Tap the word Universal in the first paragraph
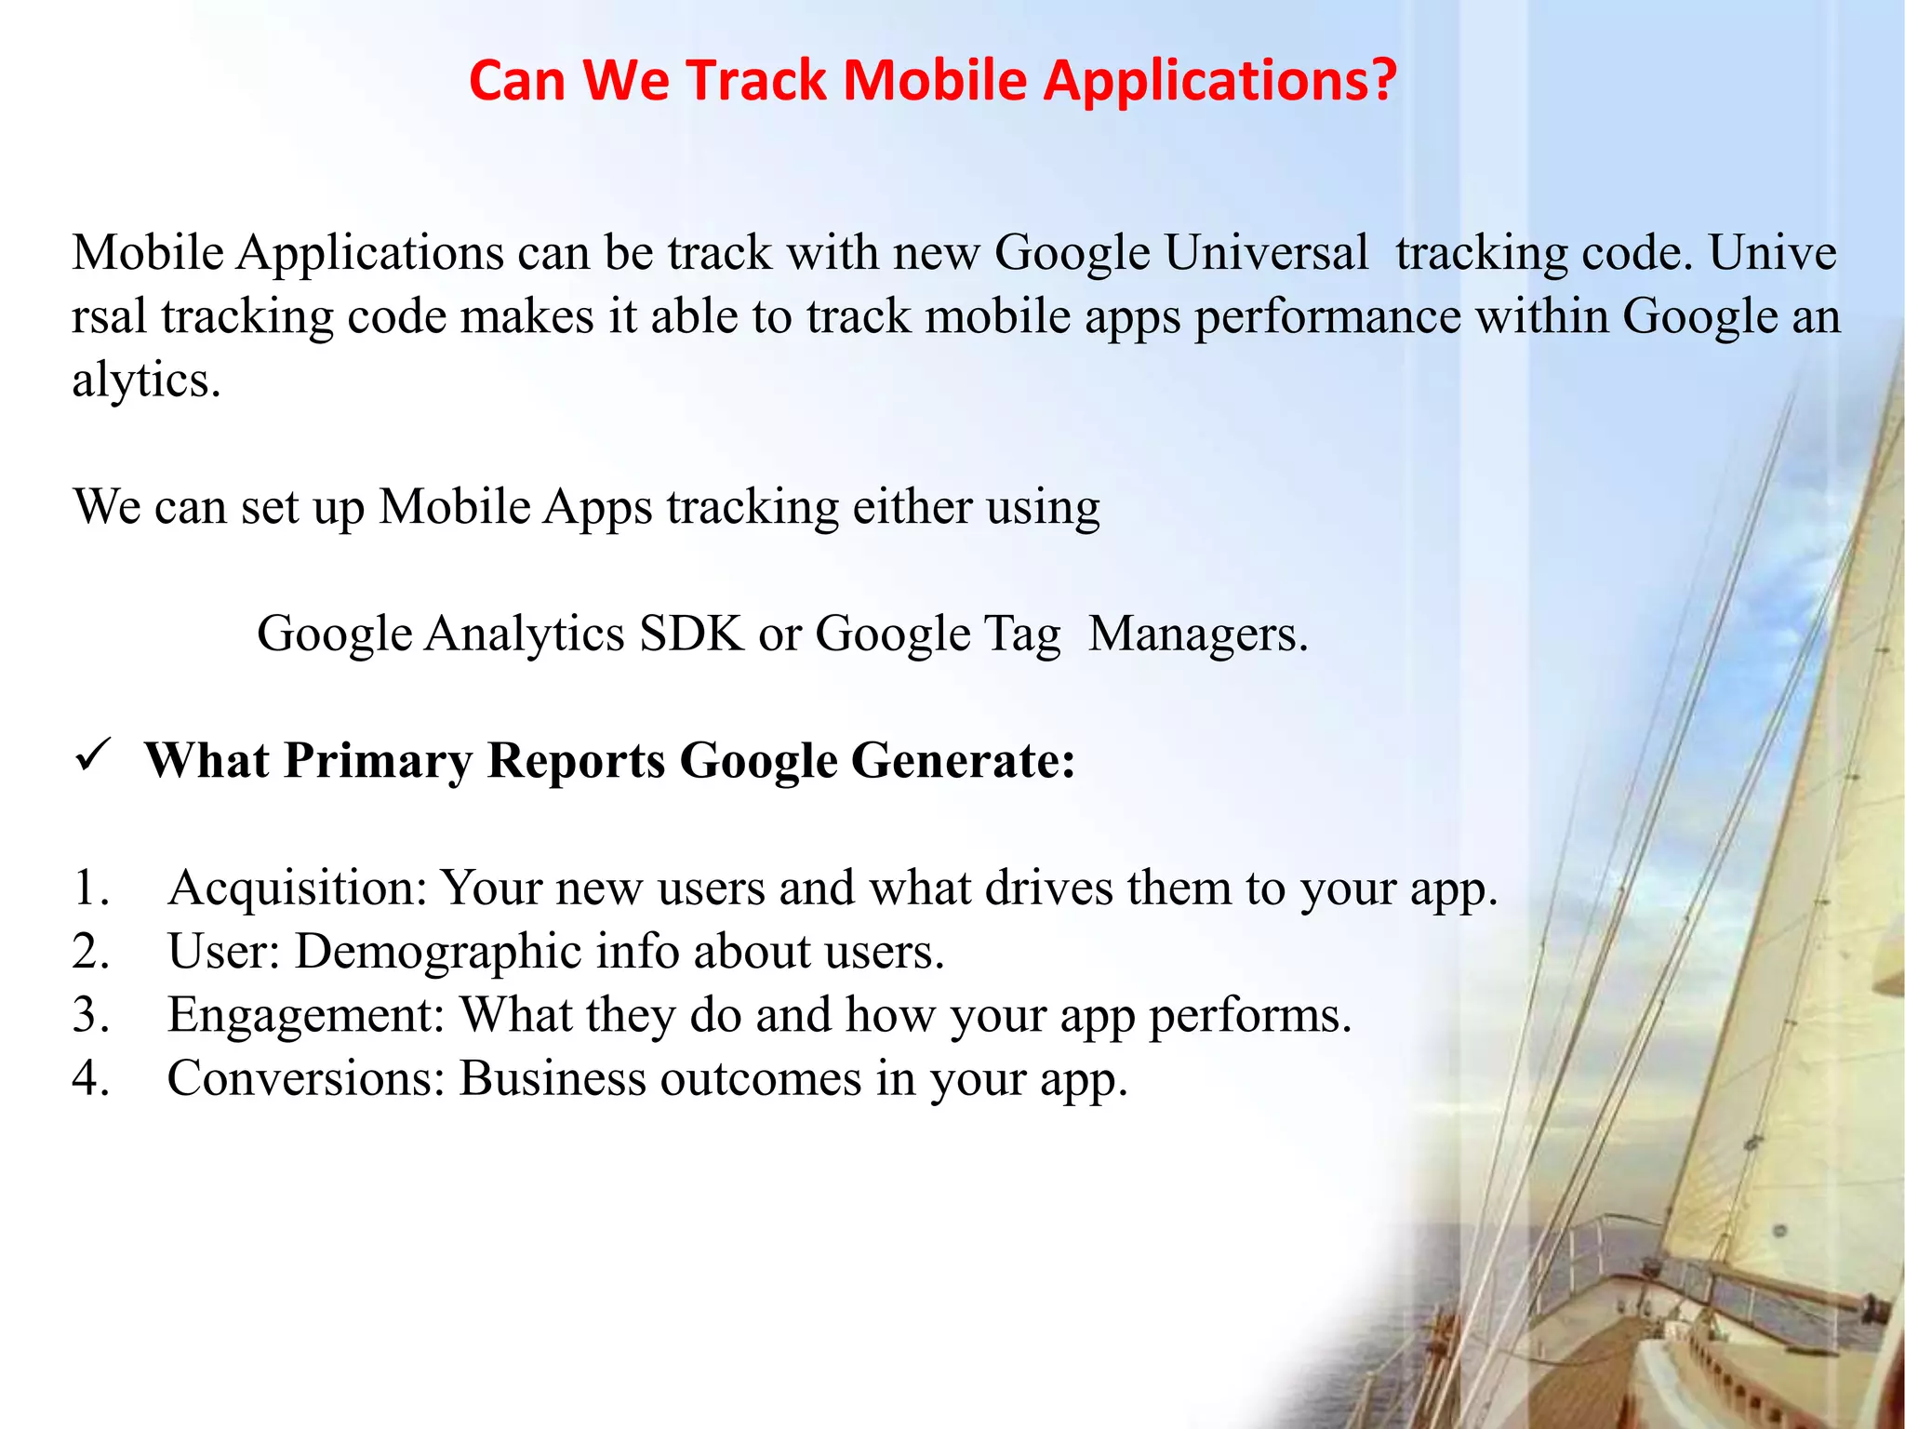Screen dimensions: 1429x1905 click(x=1266, y=252)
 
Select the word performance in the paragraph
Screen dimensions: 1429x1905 click(x=1327, y=316)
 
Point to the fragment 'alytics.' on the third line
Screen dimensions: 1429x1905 click(x=147, y=380)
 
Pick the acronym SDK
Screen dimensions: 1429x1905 click(x=692, y=634)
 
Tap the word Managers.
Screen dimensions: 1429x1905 click(x=1198, y=634)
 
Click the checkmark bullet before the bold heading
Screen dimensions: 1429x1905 click(x=94, y=755)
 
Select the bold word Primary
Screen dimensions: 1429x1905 click(x=378, y=761)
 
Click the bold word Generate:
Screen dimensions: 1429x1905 click(x=963, y=761)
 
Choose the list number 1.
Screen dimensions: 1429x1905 click(x=90, y=888)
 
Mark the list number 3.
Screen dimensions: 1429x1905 click(x=90, y=1015)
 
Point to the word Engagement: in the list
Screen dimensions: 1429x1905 click(x=307, y=1015)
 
